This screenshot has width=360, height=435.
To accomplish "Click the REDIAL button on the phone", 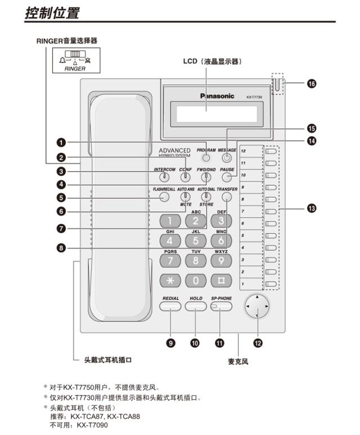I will [x=170, y=306].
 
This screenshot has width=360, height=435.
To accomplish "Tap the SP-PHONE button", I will [x=221, y=306].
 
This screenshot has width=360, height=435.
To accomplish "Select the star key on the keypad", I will [x=169, y=279].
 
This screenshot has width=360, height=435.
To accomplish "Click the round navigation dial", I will [x=257, y=307].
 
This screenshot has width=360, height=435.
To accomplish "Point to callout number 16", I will [x=311, y=84].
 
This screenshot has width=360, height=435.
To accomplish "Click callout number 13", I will [x=311, y=209].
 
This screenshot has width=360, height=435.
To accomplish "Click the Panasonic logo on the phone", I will [x=217, y=96].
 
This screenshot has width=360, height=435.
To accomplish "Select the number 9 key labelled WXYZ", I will [x=220, y=260].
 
